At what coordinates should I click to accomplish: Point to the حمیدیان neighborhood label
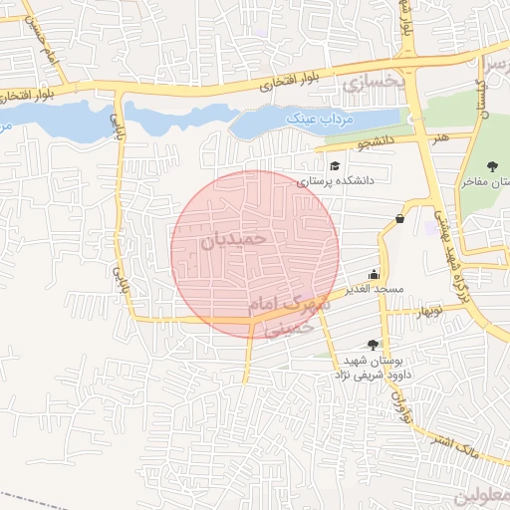click(x=236, y=239)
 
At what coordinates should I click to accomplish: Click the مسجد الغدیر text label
click(x=375, y=289)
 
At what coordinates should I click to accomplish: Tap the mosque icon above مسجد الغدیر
click(x=374, y=274)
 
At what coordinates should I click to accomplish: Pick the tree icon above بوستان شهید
click(x=372, y=345)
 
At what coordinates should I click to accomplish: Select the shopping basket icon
click(x=399, y=218)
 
